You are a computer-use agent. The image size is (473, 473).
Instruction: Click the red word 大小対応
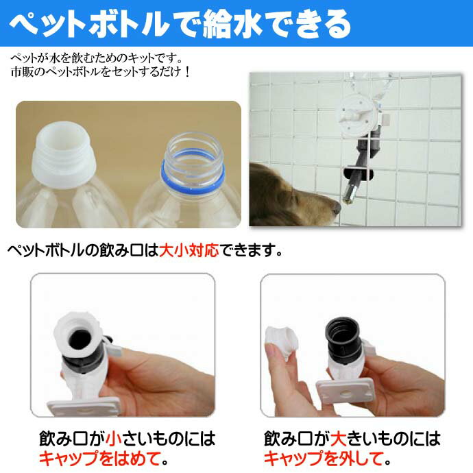coord(189,250)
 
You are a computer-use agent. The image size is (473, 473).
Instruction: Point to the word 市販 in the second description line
coord(21,71)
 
